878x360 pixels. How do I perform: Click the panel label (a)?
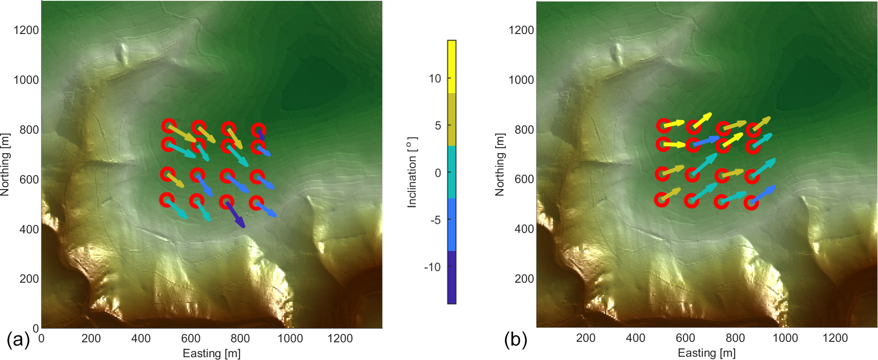(x=18, y=340)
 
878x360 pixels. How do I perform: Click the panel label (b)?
(x=515, y=340)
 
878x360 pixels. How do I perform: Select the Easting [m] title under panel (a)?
(x=211, y=353)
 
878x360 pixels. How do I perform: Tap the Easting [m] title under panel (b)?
(x=707, y=353)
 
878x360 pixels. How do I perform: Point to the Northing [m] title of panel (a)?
(x=5, y=164)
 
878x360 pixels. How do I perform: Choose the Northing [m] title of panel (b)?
(x=500, y=164)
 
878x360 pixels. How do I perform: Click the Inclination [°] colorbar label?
(x=412, y=172)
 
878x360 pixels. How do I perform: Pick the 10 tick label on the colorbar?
(x=435, y=79)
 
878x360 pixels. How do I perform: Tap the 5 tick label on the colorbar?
(x=437, y=126)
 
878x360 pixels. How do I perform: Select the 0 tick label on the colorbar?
(x=437, y=173)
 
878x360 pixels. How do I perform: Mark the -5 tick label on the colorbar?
(x=435, y=220)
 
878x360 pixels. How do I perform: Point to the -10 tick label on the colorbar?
(x=432, y=267)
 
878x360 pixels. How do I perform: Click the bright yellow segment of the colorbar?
(x=451, y=67)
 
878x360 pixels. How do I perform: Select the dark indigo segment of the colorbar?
(x=451, y=278)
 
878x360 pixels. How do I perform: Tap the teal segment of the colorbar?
(x=451, y=172)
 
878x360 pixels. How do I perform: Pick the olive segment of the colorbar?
(x=451, y=120)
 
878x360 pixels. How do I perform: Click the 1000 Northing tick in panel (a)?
(x=26, y=80)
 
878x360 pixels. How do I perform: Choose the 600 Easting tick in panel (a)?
(x=191, y=339)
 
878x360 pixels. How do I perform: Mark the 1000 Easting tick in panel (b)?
(x=785, y=338)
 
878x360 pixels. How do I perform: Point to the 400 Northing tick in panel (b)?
(x=524, y=229)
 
